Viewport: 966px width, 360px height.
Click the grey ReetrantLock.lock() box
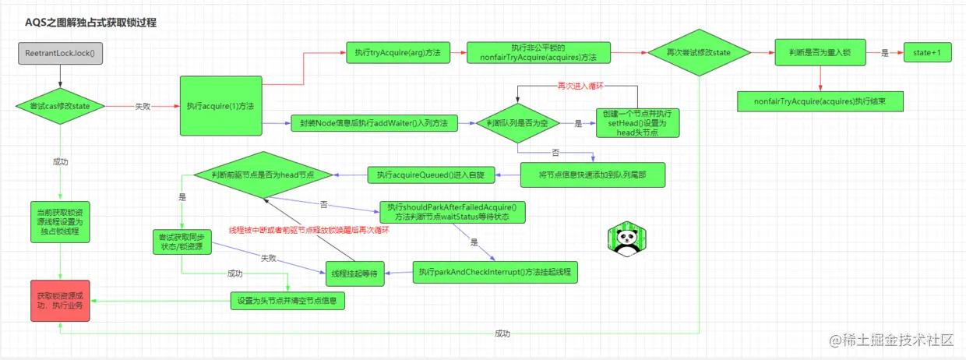click(60, 54)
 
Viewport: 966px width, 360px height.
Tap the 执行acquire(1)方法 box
click(221, 105)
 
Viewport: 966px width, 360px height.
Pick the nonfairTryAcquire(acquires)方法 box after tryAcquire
click(538, 53)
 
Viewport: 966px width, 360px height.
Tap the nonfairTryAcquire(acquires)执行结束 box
click(820, 101)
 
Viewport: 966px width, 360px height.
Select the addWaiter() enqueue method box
click(373, 122)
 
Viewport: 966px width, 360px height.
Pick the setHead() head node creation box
click(637, 122)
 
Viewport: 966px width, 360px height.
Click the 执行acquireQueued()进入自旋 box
click(430, 175)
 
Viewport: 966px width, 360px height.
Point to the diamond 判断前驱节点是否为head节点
click(263, 175)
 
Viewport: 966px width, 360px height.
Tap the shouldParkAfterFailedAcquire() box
click(453, 212)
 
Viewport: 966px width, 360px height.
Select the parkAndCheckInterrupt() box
click(495, 272)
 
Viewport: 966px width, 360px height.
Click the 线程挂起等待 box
click(354, 272)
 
